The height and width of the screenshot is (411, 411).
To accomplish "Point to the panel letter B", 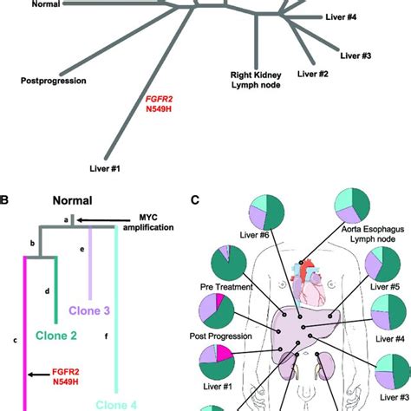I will pyautogui.click(x=6, y=201).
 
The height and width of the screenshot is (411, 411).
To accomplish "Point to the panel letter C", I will pyautogui.click(x=196, y=201).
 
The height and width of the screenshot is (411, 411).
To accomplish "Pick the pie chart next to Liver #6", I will pyautogui.click(x=267, y=214).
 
